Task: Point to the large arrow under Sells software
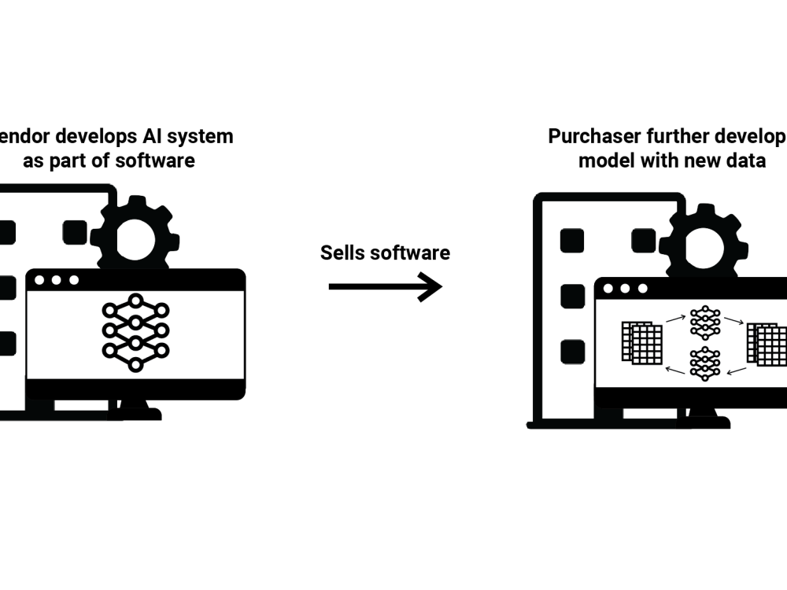385,286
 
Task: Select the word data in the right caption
747,160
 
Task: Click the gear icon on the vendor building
135,233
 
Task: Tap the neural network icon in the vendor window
135,332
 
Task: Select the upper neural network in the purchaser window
704,323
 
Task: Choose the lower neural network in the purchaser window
704,363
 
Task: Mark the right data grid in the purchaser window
767,344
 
